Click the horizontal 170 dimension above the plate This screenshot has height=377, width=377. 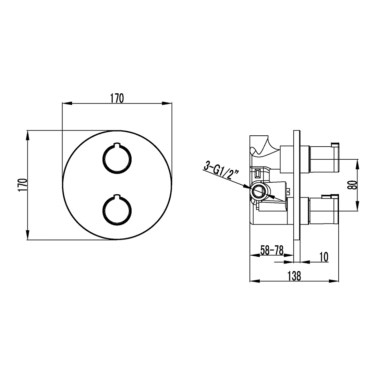pos(117,98)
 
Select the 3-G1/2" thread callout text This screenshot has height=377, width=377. pos(221,171)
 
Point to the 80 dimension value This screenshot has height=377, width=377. pos(352,185)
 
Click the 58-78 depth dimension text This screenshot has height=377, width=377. pos(272,251)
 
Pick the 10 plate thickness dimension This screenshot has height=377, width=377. pos(324,257)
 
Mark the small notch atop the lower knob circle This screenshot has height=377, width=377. pos(117,196)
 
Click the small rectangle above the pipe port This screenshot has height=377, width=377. pos(257,173)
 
